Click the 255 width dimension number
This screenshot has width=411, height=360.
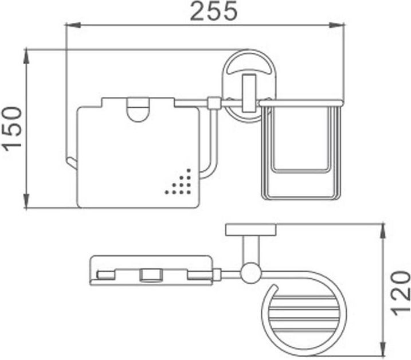point(214,11)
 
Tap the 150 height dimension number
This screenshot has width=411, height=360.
point(13,129)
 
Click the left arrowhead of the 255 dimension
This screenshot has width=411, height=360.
point(73,25)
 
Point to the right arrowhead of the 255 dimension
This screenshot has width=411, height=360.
point(336,25)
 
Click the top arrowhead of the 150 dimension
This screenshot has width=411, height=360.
point(26,56)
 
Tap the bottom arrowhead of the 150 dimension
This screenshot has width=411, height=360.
point(26,201)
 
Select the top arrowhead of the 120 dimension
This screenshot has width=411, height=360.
point(383,231)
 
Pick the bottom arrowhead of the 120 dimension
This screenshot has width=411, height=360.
point(383,349)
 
